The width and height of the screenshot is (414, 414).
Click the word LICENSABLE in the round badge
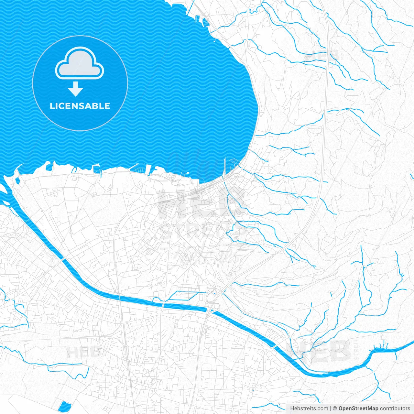coord(80,106)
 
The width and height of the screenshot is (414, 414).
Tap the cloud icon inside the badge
coord(80,63)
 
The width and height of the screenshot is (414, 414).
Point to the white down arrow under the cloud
coord(76,89)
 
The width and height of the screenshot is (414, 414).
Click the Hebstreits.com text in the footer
coord(309,409)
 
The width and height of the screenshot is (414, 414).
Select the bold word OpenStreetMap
coord(358,409)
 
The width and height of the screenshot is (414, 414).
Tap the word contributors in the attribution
coord(395,409)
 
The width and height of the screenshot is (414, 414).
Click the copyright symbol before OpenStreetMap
coord(335,409)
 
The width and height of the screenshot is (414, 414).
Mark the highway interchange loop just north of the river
coord(212,293)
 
